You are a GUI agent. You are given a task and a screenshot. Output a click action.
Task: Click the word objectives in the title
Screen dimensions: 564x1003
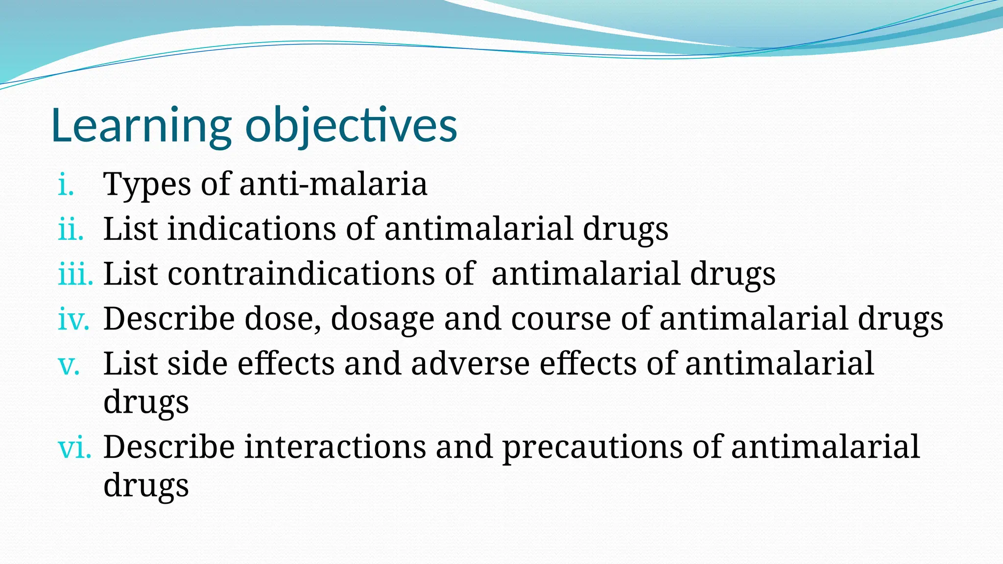[351, 126]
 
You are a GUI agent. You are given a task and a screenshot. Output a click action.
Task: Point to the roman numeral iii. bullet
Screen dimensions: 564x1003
[75, 274]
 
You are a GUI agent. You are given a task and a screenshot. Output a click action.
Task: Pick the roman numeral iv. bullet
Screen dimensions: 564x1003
[73, 319]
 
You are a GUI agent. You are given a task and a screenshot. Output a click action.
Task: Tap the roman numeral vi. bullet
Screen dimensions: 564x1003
[74, 447]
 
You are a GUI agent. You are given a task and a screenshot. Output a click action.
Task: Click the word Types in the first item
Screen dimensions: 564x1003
[147, 185]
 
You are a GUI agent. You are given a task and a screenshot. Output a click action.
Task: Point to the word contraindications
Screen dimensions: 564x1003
[301, 274]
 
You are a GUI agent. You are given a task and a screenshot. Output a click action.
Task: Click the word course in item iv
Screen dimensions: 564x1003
[561, 319]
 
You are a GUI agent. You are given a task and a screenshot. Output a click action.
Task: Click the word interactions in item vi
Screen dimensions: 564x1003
[335, 447]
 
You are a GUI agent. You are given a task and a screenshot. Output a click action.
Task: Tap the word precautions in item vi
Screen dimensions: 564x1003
[593, 448]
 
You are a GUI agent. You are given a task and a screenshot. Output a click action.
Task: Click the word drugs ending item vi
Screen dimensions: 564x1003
[146, 486]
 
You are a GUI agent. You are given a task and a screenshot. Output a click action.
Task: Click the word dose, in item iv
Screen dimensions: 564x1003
[283, 319]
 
